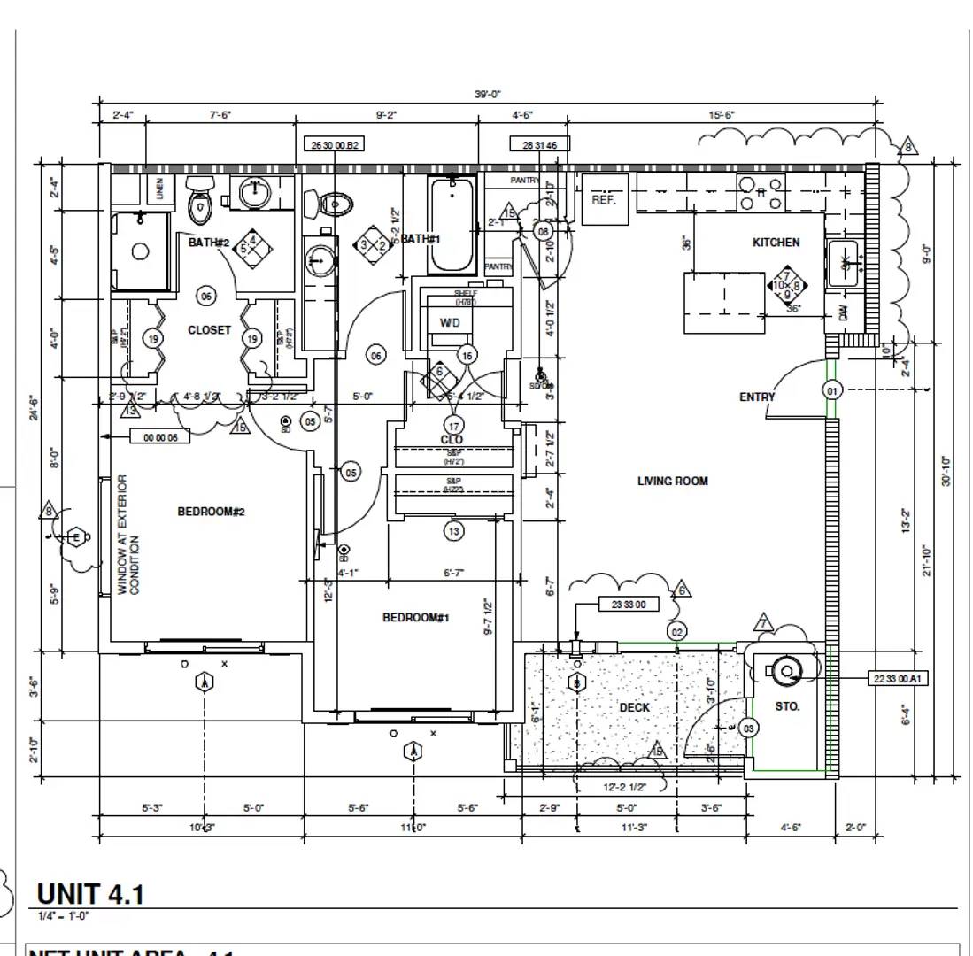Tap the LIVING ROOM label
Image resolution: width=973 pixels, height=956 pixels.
coord(672,482)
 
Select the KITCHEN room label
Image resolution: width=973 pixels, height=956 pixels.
coord(776,243)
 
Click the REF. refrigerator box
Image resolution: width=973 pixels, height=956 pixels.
coord(604,199)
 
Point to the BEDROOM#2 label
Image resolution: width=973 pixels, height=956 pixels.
coord(211,512)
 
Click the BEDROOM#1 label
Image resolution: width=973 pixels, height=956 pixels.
coord(415,617)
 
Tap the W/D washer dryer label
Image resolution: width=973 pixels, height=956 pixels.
coord(450,323)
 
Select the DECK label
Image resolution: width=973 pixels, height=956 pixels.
coord(634,707)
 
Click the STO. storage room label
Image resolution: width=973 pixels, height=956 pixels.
coord(787,706)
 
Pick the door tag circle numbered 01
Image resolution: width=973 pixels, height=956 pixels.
coord(831,390)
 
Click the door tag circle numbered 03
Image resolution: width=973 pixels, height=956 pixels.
coord(748,729)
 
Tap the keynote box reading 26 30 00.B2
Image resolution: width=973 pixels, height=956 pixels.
coord(334,144)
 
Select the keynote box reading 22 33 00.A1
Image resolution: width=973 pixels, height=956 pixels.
coord(898,679)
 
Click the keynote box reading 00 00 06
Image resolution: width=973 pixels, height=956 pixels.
coord(159,436)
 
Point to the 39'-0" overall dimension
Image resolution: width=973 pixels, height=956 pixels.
coord(487,94)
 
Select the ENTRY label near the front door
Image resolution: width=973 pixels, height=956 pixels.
coord(756,397)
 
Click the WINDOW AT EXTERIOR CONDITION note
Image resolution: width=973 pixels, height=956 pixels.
coord(128,535)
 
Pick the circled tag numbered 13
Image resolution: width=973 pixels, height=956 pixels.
coord(453,531)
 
